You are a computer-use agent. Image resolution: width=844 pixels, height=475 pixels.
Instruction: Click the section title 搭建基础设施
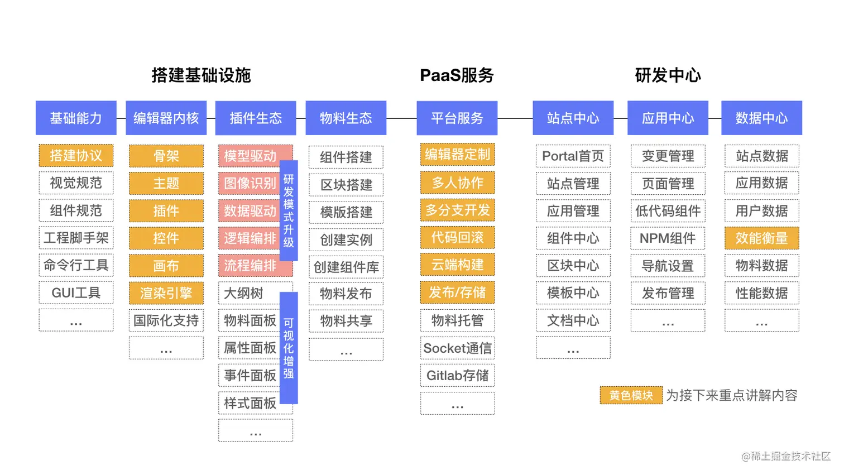pyautogui.click(x=201, y=75)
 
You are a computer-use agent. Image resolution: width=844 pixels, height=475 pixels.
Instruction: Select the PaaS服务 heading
pyautogui.click(x=457, y=75)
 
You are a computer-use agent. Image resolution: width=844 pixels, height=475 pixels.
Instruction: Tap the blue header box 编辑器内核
pyautogui.click(x=166, y=118)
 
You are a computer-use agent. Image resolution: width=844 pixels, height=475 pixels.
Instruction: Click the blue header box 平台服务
pyautogui.click(x=457, y=118)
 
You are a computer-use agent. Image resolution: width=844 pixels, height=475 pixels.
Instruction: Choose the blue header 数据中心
pyautogui.click(x=761, y=118)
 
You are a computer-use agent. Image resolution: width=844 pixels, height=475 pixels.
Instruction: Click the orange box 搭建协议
pyautogui.click(x=76, y=155)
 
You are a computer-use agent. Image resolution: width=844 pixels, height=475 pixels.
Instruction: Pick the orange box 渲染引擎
pyautogui.click(x=166, y=292)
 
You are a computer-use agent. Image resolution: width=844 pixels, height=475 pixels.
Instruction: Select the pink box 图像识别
pyautogui.click(x=250, y=183)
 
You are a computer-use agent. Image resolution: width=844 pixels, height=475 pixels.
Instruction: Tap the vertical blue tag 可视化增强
pyautogui.click(x=289, y=348)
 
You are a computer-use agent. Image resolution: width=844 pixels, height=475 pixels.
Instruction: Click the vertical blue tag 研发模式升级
pyautogui.click(x=289, y=210)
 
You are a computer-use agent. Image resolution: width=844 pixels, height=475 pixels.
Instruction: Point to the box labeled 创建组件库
pyautogui.click(x=346, y=267)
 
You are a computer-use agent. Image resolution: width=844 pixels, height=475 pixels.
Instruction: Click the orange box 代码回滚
pyautogui.click(x=457, y=237)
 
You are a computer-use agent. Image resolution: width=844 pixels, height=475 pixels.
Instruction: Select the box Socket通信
pyautogui.click(x=457, y=348)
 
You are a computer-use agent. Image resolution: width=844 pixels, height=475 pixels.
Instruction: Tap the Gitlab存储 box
pyautogui.click(x=457, y=375)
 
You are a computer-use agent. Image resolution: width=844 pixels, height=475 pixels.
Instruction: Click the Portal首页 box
pyautogui.click(x=573, y=156)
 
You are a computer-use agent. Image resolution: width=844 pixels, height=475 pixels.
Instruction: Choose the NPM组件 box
pyautogui.click(x=668, y=238)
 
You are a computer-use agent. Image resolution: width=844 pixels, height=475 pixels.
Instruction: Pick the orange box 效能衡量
pyautogui.click(x=761, y=238)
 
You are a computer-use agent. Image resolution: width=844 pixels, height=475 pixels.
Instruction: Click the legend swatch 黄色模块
pyautogui.click(x=631, y=395)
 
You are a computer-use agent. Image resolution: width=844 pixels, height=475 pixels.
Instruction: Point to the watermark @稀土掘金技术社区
pyautogui.click(x=785, y=456)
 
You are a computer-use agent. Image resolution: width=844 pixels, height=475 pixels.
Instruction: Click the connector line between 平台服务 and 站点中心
pyautogui.click(x=515, y=118)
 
